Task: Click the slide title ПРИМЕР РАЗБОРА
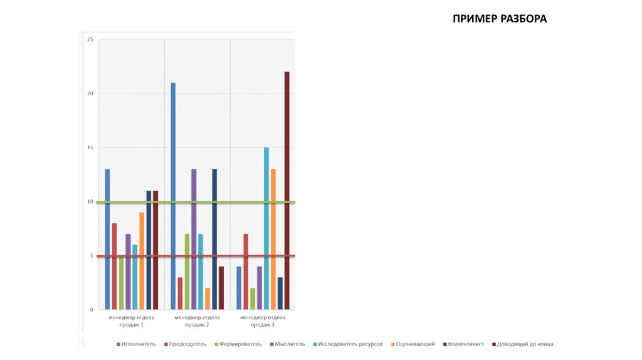tap(500, 19)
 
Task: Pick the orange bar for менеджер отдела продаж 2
tap(207, 299)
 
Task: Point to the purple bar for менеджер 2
tap(194, 239)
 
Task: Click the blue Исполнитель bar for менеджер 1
tap(107, 239)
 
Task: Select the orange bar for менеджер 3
tap(273, 239)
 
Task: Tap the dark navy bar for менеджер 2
tap(214, 239)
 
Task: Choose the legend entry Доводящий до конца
tap(523, 344)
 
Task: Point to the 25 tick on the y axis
tap(90, 40)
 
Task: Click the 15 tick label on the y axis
tap(90, 147)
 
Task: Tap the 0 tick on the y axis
tap(91, 310)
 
